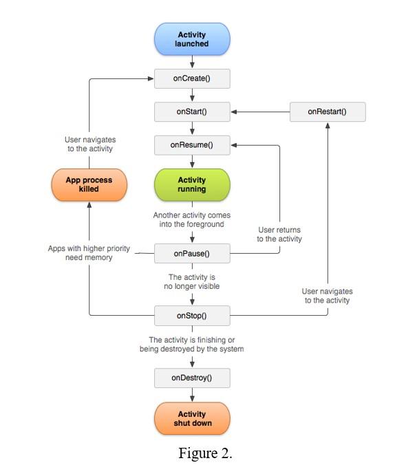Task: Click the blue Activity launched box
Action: click(192, 39)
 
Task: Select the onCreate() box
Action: click(192, 78)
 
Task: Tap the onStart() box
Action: click(192, 111)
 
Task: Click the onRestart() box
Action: click(327, 111)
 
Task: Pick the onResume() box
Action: click(192, 145)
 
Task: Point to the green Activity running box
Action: click(192, 185)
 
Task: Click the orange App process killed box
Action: click(89, 185)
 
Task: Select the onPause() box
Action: click(192, 253)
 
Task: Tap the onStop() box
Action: click(192, 316)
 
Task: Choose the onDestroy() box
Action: click(192, 378)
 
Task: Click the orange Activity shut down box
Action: click(192, 418)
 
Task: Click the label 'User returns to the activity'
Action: click(279, 234)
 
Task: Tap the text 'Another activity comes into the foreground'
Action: click(192, 220)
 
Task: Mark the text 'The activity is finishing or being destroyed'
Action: click(192, 345)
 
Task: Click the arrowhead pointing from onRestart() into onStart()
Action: click(235, 111)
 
